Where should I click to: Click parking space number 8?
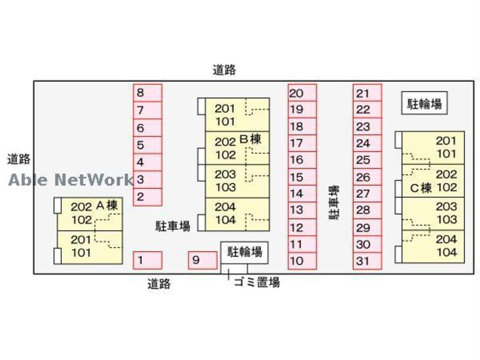(x=148, y=93)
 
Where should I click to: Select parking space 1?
(x=148, y=260)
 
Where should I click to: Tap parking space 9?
(x=203, y=260)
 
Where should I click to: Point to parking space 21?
(x=367, y=93)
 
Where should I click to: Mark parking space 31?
(x=367, y=261)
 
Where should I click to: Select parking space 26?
(x=367, y=177)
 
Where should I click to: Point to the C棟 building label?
(x=422, y=187)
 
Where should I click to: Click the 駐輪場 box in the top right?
(x=424, y=103)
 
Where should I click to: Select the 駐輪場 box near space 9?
(x=245, y=251)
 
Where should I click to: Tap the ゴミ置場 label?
(x=256, y=282)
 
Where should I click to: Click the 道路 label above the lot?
(x=224, y=70)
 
